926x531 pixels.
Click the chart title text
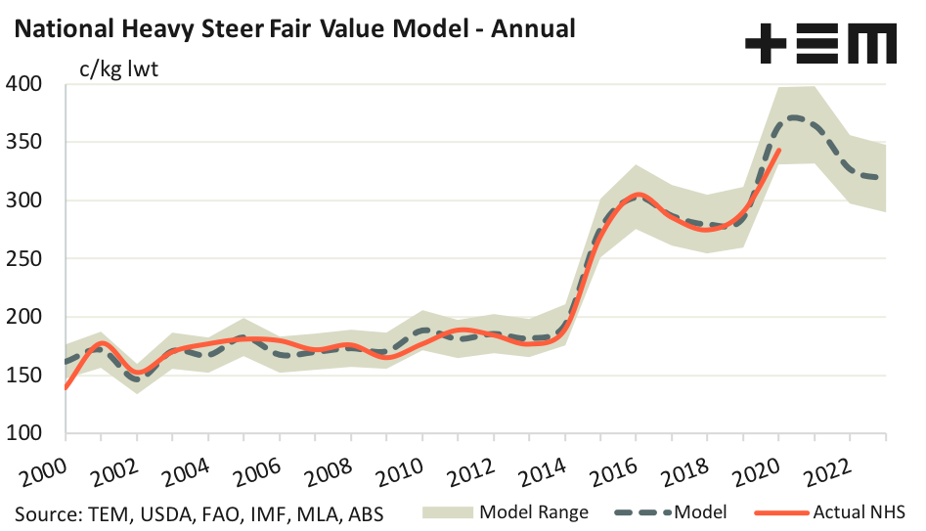pyautogui.click(x=293, y=27)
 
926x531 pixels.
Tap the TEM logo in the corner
pyautogui.click(x=820, y=45)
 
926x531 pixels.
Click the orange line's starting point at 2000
pyautogui.click(x=66, y=387)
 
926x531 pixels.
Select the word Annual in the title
pyautogui.click(x=532, y=27)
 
